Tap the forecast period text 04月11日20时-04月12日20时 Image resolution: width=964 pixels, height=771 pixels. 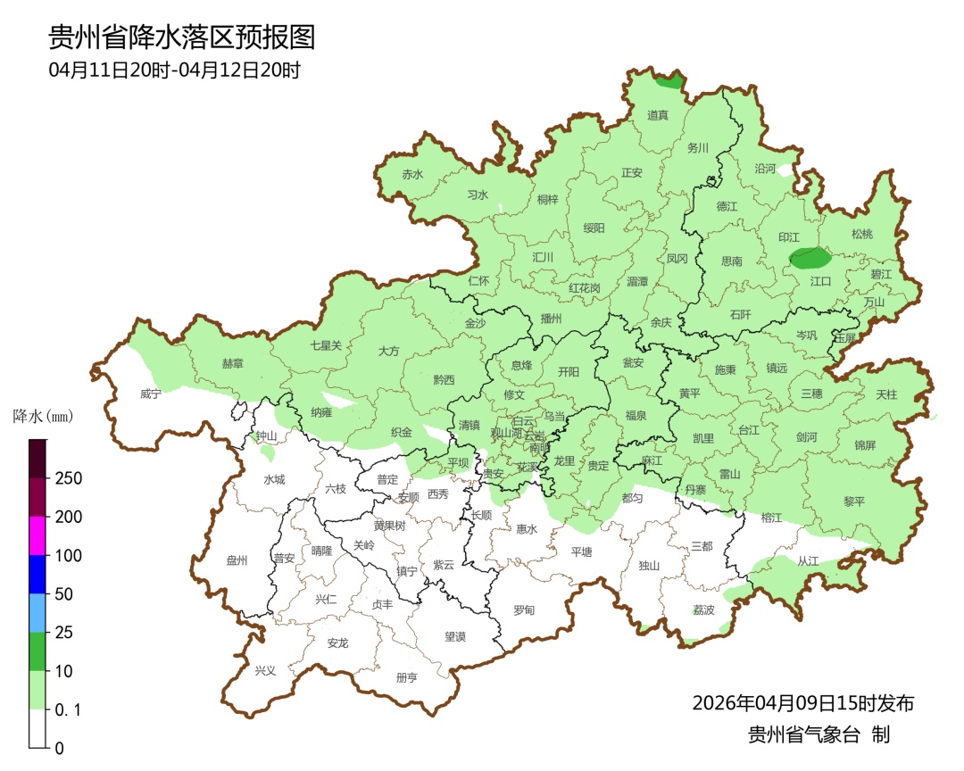point(174,70)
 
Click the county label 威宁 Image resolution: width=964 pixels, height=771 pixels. point(151,394)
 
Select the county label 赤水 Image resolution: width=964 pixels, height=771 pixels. point(412,175)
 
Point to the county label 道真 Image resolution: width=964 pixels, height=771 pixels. point(658,115)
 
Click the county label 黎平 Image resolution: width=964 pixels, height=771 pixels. point(854,502)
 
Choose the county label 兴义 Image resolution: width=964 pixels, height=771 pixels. point(266,670)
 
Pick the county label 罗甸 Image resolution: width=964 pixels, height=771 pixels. point(524,610)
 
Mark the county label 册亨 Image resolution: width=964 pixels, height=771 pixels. point(406,677)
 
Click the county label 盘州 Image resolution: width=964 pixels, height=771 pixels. point(237,560)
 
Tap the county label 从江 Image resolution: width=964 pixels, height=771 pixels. point(807,561)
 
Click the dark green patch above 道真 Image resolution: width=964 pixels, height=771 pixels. point(669,81)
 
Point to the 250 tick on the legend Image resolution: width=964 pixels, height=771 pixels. point(69,478)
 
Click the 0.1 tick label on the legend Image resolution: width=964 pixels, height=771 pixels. point(69,709)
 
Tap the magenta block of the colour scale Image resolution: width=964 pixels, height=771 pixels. point(37,535)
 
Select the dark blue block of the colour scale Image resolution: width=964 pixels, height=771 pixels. point(37,574)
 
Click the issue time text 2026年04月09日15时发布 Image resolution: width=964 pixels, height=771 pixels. point(802,703)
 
